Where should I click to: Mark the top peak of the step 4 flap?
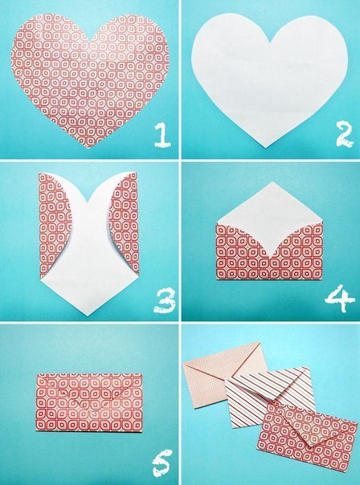(270, 184)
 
